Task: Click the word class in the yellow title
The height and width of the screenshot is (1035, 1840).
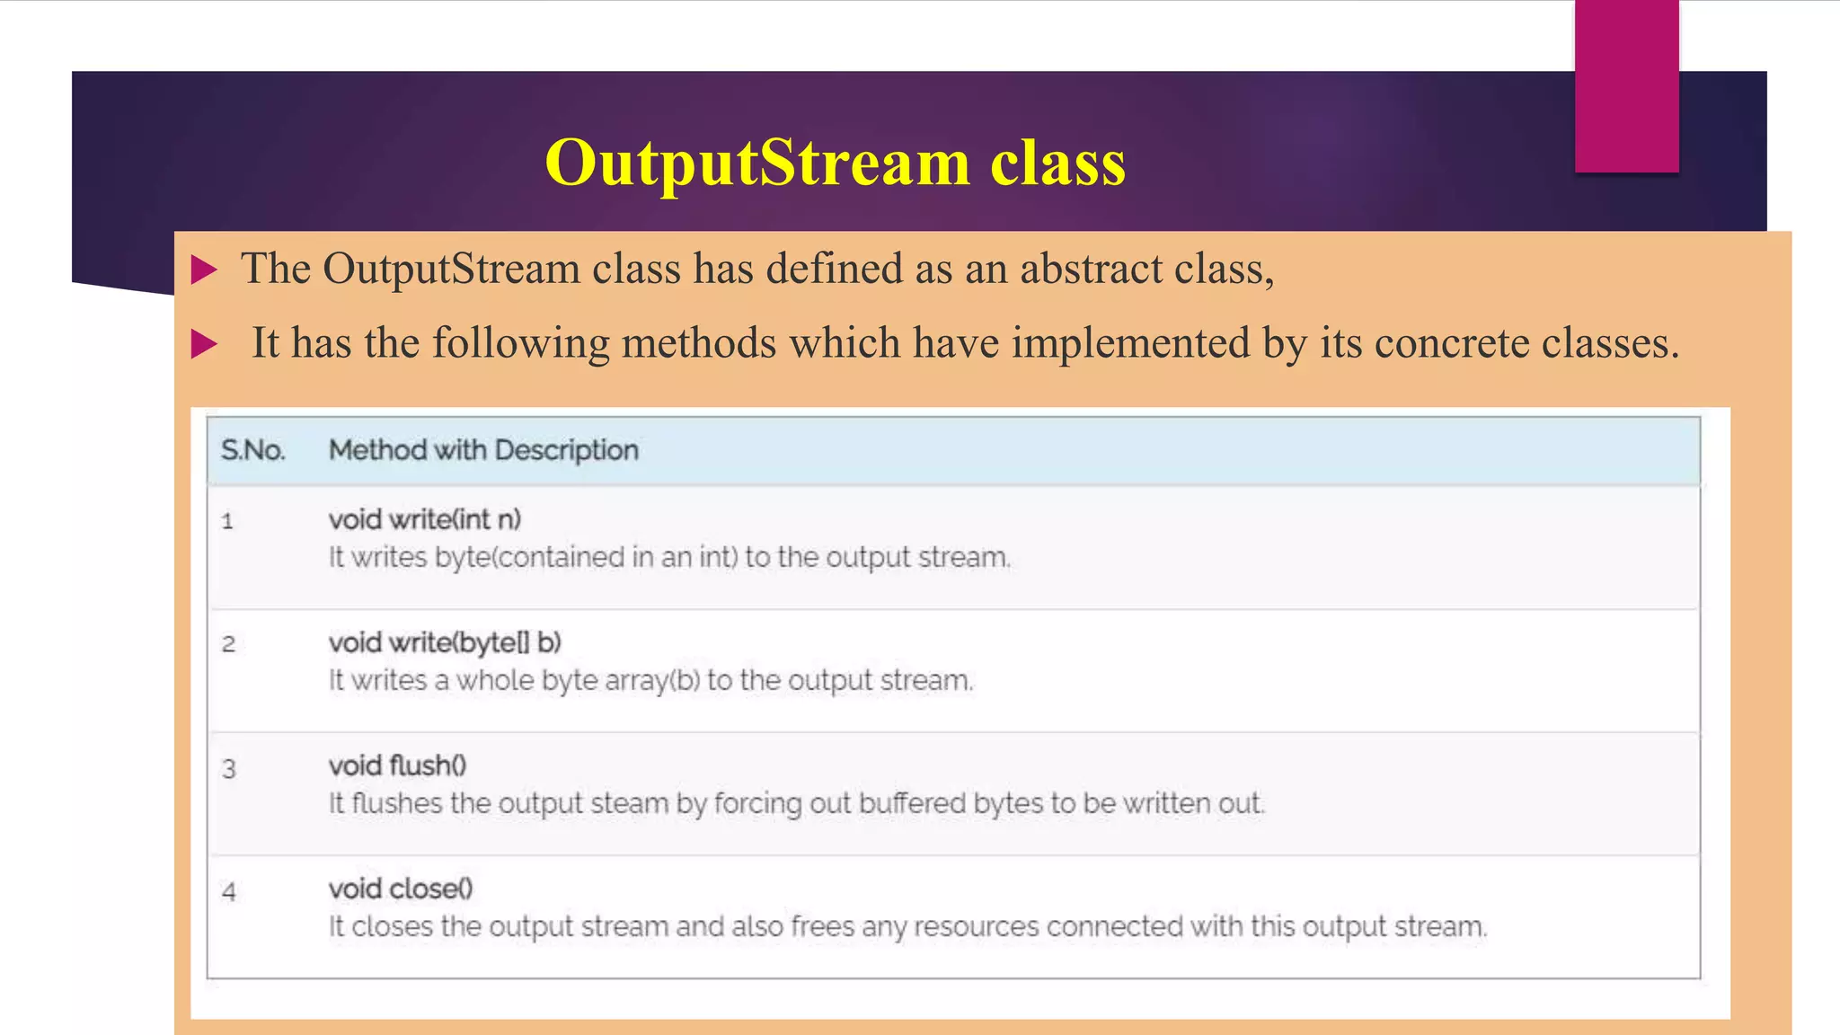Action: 1057,164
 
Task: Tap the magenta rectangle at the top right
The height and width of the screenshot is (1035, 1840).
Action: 1626,86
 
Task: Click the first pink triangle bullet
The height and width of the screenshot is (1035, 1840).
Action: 204,270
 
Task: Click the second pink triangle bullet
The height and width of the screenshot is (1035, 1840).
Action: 204,344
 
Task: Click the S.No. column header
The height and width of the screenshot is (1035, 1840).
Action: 252,450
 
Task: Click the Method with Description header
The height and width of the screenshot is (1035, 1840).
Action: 483,450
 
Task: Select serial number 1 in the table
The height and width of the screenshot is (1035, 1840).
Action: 227,521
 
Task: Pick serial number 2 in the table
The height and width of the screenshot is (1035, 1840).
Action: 228,644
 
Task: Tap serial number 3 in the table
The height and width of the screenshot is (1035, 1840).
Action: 228,769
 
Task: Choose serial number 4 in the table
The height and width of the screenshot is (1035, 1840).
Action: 228,892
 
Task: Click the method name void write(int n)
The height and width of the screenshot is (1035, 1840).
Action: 424,519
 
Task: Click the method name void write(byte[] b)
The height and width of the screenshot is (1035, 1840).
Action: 445,642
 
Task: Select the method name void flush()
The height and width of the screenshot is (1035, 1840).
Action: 397,765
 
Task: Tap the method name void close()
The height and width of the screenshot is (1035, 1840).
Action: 401,889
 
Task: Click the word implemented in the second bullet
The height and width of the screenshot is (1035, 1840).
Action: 1130,343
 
